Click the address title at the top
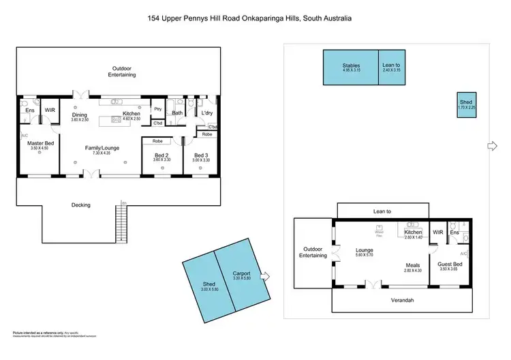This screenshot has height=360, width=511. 255,18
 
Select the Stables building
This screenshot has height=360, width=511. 350,67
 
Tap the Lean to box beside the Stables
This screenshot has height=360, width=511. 391,67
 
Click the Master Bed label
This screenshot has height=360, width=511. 39,143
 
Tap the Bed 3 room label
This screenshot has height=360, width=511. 200,155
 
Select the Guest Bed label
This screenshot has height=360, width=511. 450,264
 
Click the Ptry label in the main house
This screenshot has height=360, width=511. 157,109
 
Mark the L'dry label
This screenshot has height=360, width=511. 207,112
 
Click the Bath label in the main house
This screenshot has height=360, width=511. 176,113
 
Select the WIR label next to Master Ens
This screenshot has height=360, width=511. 50,110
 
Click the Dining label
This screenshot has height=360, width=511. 80,115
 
